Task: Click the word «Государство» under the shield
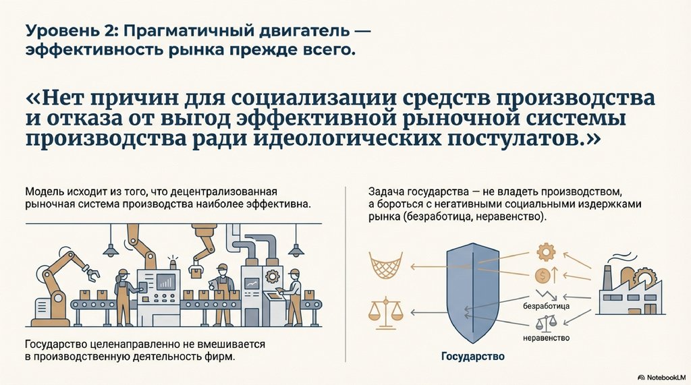(472, 356)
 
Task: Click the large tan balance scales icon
(385, 309)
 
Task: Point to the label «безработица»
(547, 307)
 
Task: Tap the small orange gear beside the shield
(545, 251)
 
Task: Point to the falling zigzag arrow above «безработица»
(545, 295)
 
